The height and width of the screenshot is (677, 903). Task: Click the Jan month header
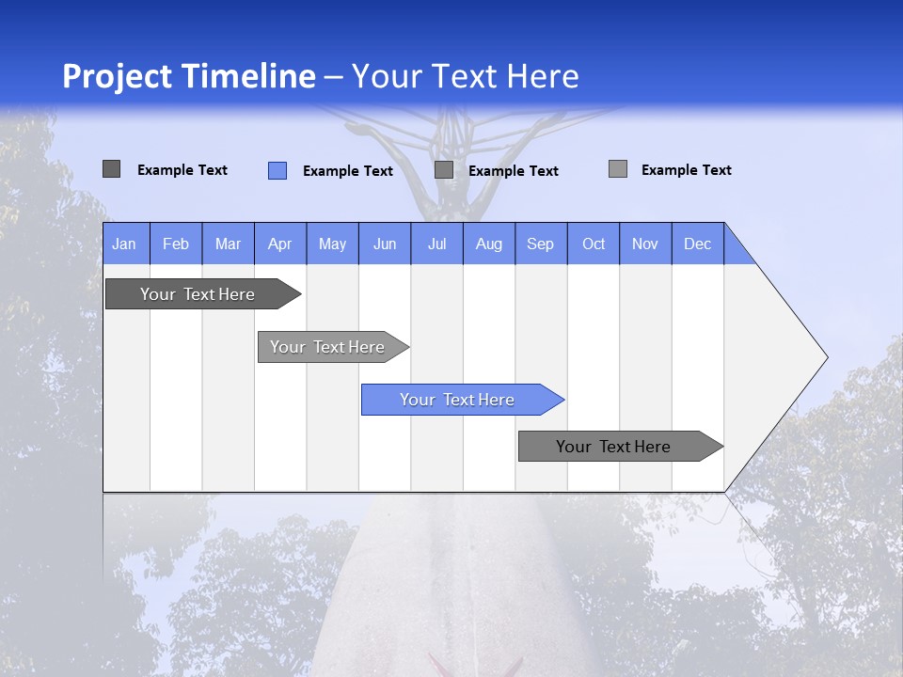pos(125,244)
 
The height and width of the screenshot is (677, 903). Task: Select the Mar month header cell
pos(228,244)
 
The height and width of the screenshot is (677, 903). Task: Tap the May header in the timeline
pos(332,244)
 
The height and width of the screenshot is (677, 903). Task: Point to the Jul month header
pos(436,244)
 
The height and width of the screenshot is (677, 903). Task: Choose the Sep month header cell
pos(540,244)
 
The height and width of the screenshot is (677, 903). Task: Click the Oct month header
pos(594,244)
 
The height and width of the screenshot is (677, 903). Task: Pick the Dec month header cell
pos(697,244)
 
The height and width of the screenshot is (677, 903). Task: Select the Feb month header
pos(176,244)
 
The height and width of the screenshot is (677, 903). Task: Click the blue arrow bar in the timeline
pos(457,400)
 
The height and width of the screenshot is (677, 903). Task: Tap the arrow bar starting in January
pos(198,294)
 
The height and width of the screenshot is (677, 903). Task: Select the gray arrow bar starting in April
pos(327,347)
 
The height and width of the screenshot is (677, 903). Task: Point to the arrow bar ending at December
pos(613,447)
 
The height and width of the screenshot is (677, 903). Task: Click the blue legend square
pos(277,170)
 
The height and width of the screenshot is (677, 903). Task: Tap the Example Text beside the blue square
pos(347,171)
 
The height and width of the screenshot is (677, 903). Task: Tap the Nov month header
pos(645,244)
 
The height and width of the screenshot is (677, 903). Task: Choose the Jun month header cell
pos(385,244)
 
